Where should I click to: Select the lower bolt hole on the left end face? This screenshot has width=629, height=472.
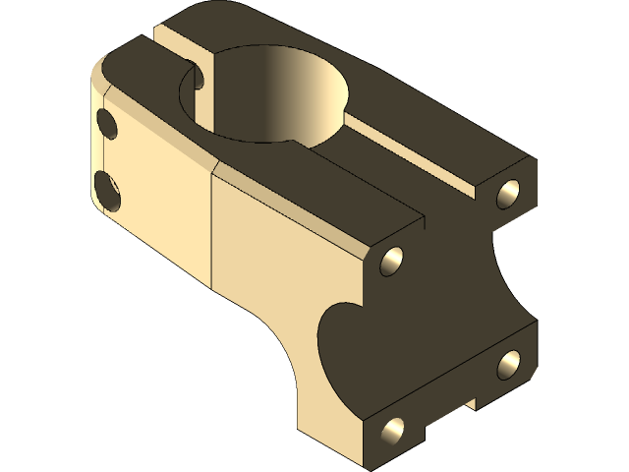click(x=108, y=189)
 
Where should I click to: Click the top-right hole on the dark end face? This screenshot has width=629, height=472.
click(x=509, y=191)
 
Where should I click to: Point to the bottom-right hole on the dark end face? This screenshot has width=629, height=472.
click(x=509, y=364)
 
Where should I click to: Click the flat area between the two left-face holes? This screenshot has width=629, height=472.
click(x=106, y=157)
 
